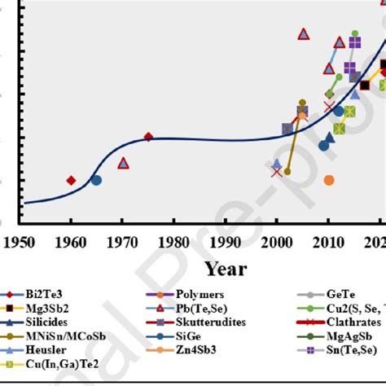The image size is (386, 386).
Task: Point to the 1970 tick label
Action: tap(122, 242)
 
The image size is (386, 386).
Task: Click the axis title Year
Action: tap(226, 268)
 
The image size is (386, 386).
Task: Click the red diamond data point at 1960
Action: tap(71, 180)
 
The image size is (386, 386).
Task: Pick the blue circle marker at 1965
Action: tap(96, 180)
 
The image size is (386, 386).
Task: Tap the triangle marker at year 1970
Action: tap(123, 163)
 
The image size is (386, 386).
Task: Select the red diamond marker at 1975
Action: tap(148, 137)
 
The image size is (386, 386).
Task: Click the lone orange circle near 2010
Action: tap(329, 180)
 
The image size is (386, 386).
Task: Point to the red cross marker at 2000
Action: tap(276, 172)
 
